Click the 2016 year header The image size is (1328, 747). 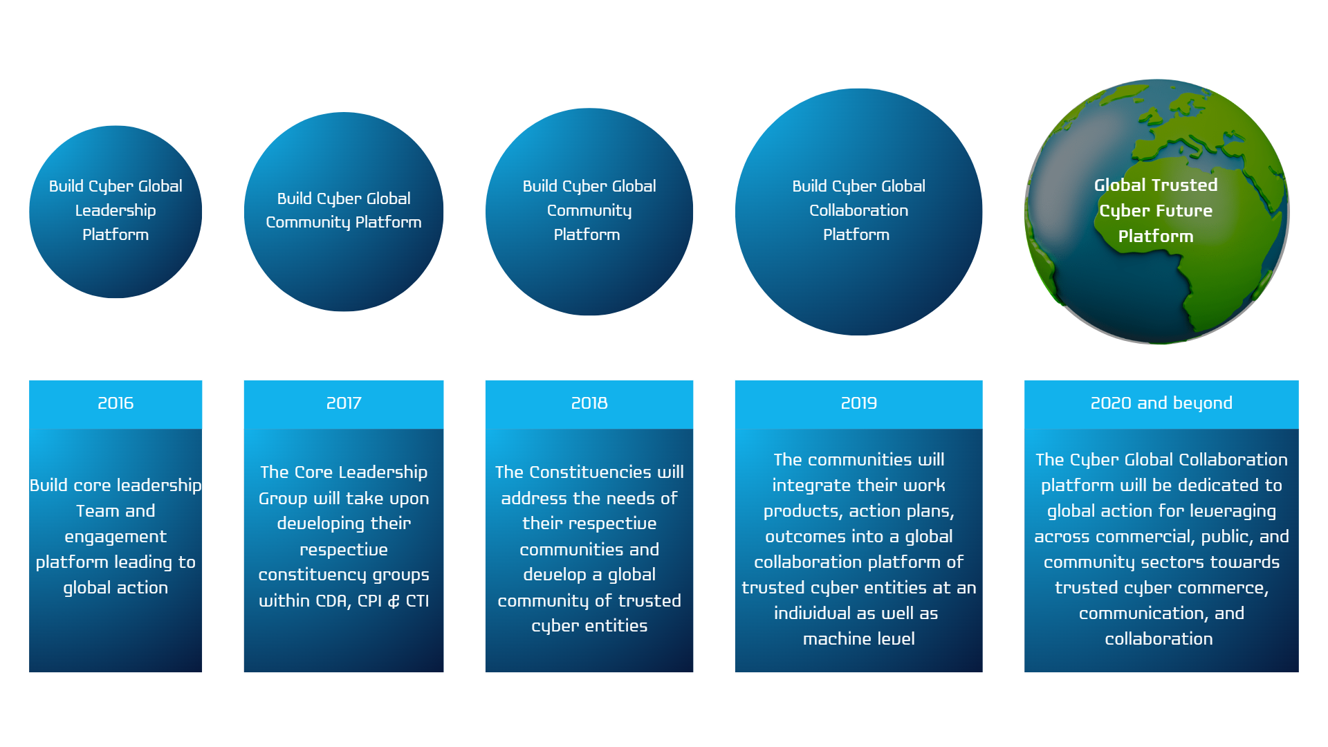(116, 403)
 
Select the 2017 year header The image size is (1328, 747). (344, 403)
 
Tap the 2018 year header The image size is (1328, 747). (589, 403)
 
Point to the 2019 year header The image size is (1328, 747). (859, 403)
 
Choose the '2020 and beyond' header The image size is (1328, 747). (1161, 403)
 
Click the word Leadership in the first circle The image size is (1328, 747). (116, 210)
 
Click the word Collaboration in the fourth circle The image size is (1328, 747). (859, 210)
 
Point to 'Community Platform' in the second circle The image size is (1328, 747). (344, 223)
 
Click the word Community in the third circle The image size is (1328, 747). (589, 211)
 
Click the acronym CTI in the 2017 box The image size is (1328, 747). (417, 601)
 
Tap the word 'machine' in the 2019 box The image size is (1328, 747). (830, 639)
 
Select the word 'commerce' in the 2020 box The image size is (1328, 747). (1230, 588)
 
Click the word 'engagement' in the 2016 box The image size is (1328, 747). (116, 537)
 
